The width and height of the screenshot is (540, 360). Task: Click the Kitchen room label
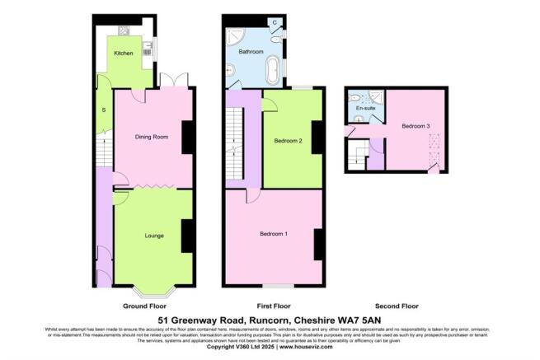[123, 54]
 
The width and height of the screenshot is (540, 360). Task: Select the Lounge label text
[153, 236]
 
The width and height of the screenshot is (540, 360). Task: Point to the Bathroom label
[251, 52]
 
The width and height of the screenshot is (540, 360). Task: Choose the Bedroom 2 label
[289, 141]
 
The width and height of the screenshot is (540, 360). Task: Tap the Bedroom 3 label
[416, 126]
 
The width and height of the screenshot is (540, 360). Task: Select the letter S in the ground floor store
[103, 110]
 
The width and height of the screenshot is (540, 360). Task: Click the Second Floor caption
[394, 305]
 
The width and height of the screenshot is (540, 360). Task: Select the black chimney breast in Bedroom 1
[317, 245]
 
